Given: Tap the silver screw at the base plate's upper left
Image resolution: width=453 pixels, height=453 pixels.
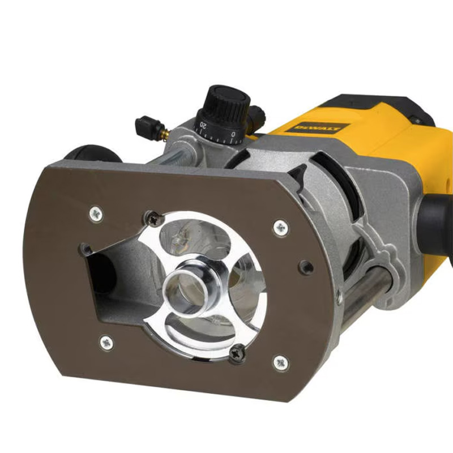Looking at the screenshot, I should click(x=96, y=213).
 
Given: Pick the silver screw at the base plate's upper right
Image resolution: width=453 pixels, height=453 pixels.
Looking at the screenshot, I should click(x=280, y=228).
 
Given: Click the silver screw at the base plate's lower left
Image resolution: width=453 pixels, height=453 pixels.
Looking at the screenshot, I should click(x=106, y=341).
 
